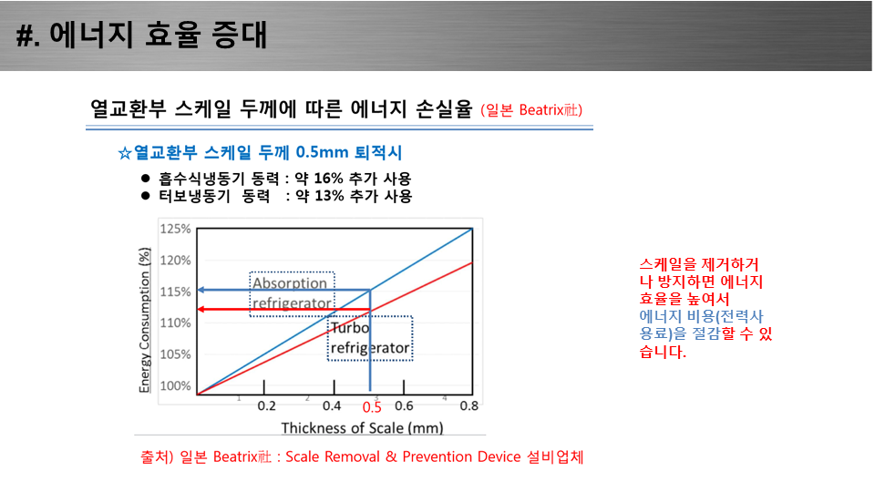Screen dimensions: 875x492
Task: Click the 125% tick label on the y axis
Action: [x=175, y=229]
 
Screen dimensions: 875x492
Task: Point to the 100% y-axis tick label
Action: [x=175, y=385]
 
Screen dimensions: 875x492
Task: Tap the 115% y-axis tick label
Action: [x=175, y=292]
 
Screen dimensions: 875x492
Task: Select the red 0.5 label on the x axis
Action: [x=372, y=407]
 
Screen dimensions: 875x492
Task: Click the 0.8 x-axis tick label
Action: [x=468, y=405]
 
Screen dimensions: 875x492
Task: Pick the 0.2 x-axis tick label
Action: [x=266, y=405]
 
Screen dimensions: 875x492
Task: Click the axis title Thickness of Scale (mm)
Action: [x=362, y=428]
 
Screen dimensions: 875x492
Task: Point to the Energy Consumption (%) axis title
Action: [x=145, y=320]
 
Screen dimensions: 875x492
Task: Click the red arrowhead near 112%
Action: [x=202, y=309]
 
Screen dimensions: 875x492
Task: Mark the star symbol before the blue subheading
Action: [x=125, y=153]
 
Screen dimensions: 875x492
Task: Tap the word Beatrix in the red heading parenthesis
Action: [x=541, y=110]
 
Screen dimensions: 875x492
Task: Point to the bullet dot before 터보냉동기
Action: [x=146, y=196]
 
